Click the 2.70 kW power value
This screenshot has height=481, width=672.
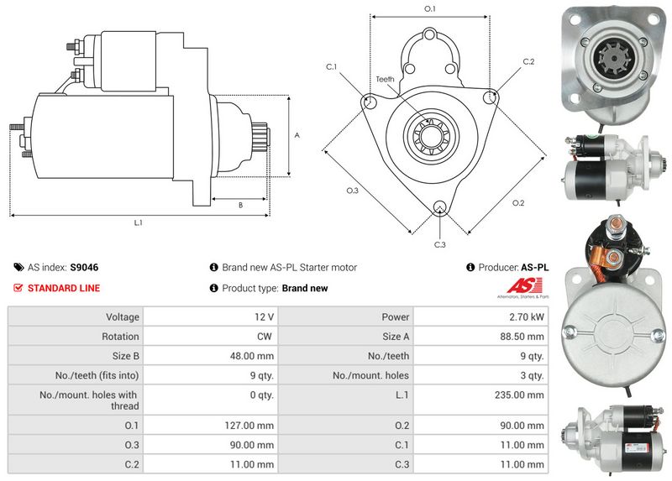tap(527, 317)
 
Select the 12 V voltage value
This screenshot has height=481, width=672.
tap(263, 317)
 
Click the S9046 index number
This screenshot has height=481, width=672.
tap(84, 268)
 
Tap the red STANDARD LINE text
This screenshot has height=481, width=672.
tap(64, 288)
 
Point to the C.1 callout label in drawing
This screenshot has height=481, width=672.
tap(331, 66)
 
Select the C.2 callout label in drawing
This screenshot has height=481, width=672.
tap(528, 62)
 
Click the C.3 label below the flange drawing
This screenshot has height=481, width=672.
tap(439, 244)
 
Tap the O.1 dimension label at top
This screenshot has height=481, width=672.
tap(429, 8)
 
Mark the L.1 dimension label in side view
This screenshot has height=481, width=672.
tap(138, 222)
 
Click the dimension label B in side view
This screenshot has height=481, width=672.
tap(240, 205)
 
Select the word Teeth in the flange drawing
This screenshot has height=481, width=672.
tap(385, 79)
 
